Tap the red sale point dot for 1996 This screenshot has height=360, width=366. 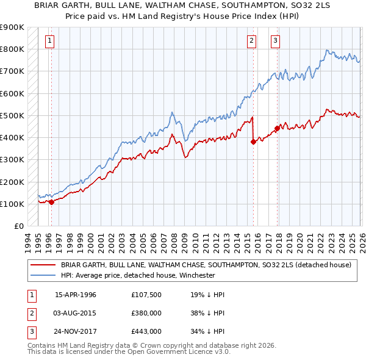click(51, 202)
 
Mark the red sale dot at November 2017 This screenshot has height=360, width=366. click(277, 128)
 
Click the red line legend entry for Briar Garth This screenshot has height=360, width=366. click(206, 265)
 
